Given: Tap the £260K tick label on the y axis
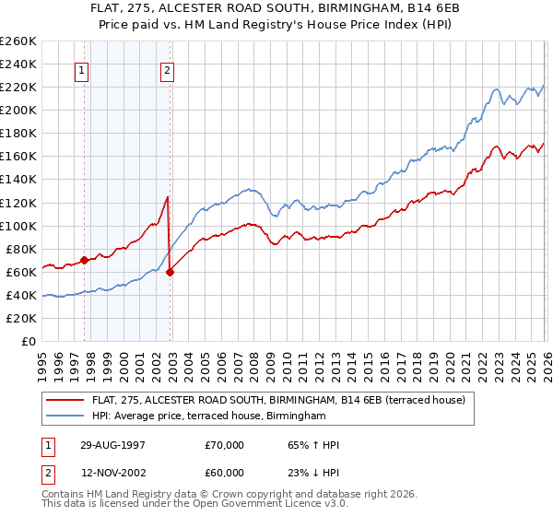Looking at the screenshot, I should pos(18,41).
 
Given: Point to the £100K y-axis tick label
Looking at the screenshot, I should pos(18,226).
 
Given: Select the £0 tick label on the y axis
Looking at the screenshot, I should pos(29,342).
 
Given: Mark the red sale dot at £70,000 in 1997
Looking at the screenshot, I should pos(85,260).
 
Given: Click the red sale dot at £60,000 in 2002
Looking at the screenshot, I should pos(170,272).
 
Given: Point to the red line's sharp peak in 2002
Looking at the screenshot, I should pos(167,197).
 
